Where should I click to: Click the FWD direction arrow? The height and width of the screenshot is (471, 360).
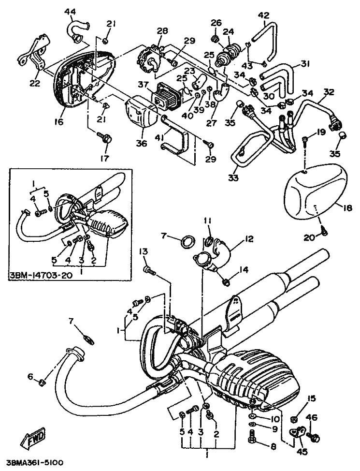point(33,440)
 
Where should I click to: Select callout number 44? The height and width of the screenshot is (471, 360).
point(70,11)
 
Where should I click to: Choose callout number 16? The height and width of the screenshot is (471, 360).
point(59,122)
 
